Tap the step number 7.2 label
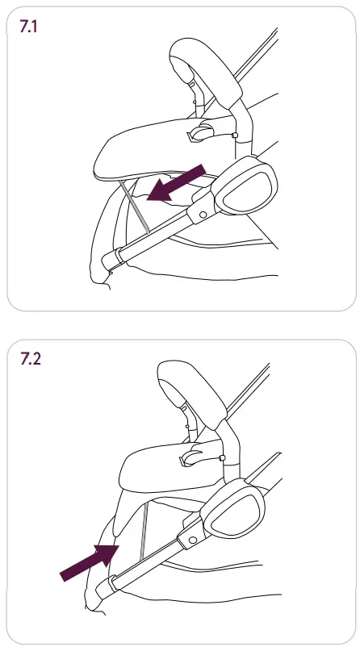[32, 359]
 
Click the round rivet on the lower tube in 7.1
[200, 212]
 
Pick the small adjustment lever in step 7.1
[199, 131]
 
